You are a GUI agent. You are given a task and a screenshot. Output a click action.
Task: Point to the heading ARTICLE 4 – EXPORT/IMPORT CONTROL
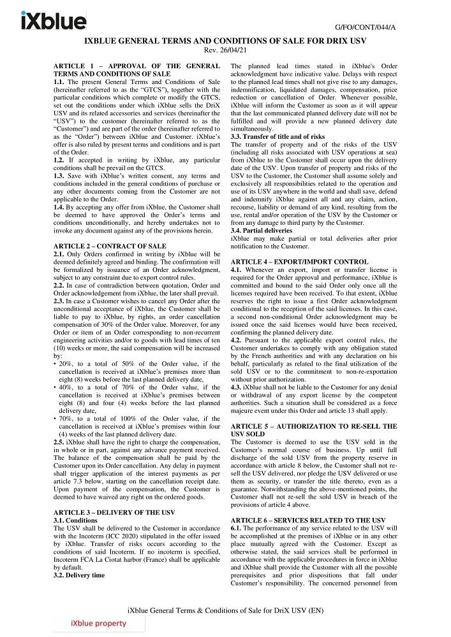[299, 262]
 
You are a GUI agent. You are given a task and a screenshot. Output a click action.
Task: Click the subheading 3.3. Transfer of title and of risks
[277, 136]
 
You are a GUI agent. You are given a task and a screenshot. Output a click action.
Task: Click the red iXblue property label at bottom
[99, 624]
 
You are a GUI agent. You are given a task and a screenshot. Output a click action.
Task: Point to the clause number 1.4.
[59, 208]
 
